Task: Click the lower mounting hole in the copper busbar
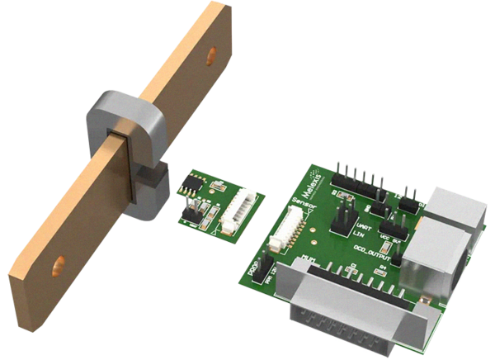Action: [57, 266]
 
